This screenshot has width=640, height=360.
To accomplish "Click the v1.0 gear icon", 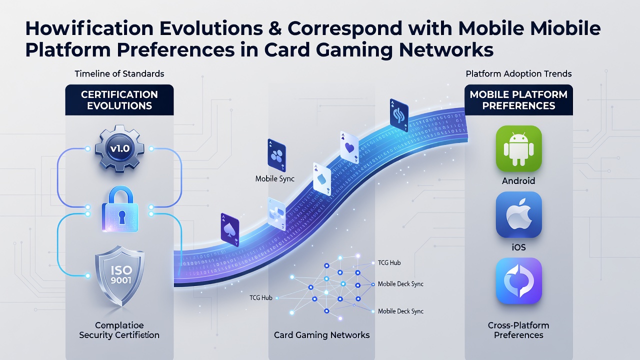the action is (119, 148).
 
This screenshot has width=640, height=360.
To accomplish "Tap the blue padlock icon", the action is (120, 209).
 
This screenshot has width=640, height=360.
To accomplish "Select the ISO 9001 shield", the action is (119, 276).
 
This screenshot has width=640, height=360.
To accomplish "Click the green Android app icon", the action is (518, 148).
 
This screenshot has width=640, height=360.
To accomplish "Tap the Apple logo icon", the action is (518, 214).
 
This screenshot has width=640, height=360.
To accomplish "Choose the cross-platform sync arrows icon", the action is (518, 281).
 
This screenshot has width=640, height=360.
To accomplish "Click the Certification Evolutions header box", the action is (119, 100).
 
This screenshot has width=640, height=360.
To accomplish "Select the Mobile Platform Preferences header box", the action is (518, 100).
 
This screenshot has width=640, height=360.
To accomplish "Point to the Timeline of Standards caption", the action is (119, 73).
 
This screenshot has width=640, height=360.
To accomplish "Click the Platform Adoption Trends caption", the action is (518, 73).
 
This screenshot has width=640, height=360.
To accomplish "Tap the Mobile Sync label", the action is (275, 179).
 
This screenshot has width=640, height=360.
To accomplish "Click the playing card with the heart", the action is (349, 147).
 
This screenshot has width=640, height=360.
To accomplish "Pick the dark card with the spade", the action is (230, 229).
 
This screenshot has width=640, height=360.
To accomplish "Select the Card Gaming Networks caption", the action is (321, 335).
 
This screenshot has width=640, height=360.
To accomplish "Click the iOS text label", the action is (518, 247).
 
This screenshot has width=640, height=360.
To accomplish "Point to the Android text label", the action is (518, 181).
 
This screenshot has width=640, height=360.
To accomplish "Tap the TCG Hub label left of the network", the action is (261, 297).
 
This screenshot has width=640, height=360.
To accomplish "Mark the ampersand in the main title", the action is (275, 28).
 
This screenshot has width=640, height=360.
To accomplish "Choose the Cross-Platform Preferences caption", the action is (518, 330).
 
